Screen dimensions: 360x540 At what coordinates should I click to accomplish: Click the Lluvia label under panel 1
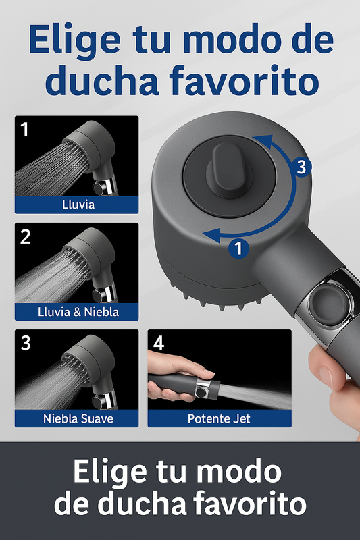[78, 205]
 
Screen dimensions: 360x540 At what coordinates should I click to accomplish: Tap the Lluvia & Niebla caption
[78, 312]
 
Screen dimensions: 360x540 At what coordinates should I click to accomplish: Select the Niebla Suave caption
[78, 418]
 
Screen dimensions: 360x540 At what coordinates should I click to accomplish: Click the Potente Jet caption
[219, 418]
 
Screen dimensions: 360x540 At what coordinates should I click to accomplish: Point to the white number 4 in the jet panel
[159, 343]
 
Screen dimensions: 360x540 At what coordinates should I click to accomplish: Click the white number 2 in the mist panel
[25, 237]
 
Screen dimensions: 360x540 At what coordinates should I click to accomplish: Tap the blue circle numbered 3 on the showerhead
[301, 167]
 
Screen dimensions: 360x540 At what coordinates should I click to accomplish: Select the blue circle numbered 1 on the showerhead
[238, 248]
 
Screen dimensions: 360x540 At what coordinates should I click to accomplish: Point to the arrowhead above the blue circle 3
[263, 141]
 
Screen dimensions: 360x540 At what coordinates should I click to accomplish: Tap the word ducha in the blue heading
[102, 81]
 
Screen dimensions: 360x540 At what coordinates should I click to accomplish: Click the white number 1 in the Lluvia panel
[24, 130]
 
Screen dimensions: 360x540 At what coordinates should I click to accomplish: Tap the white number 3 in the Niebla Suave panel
[26, 343]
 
